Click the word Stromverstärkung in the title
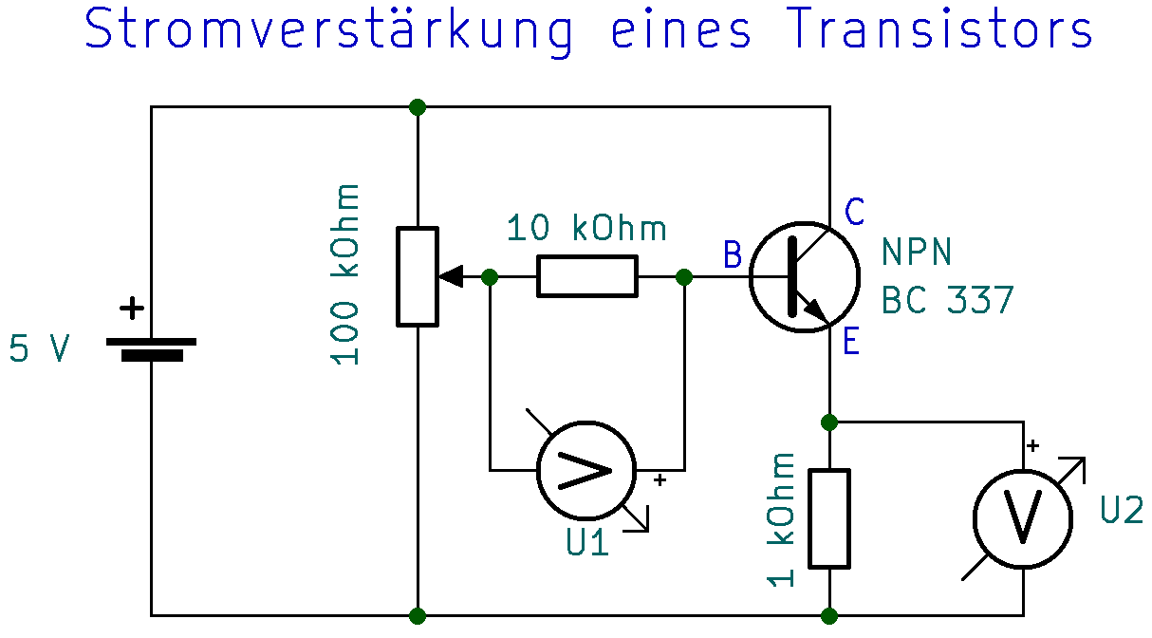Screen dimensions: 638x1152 [x=328, y=31]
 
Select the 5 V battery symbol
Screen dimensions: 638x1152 [x=151, y=348]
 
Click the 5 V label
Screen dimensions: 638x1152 [x=39, y=349]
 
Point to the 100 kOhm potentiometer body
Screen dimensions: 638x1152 [x=418, y=276]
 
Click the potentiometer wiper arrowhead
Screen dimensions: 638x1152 [x=451, y=277]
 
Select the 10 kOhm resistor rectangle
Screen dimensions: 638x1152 [x=586, y=276]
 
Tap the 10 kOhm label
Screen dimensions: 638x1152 [x=585, y=229]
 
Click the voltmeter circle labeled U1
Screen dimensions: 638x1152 [x=585, y=470]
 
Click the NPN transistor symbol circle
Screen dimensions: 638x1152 [x=804, y=276]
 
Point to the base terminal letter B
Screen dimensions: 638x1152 [x=732, y=255]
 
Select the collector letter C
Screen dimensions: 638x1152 [x=854, y=213]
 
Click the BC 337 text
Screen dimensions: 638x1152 [x=947, y=301]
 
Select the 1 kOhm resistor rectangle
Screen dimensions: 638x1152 [x=829, y=517]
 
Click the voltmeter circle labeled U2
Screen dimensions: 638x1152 [x=1023, y=517]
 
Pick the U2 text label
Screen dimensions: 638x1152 [x=1122, y=510]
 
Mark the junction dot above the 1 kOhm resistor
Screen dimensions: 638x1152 [x=829, y=422]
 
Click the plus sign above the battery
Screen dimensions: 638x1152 [x=132, y=309]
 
